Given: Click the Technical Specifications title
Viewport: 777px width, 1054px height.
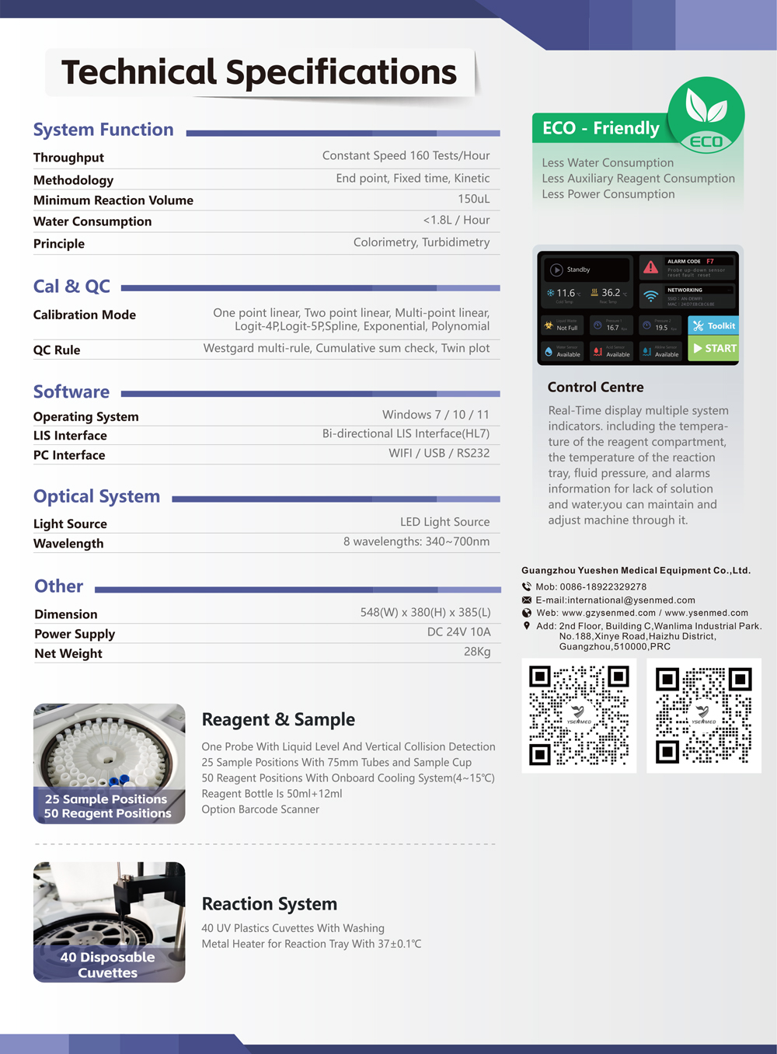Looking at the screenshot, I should (259, 72).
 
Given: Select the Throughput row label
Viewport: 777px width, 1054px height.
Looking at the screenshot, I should (68, 158).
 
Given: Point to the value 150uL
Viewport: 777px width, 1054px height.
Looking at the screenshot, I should (473, 199).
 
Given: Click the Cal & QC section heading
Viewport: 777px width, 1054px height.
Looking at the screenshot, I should (71, 287).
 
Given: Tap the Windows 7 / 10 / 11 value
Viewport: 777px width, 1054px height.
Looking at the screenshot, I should (435, 415).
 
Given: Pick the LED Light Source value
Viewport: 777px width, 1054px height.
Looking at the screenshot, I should (444, 522).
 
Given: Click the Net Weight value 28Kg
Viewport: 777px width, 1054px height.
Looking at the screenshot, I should (477, 652).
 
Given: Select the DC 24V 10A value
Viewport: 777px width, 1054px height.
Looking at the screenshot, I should (458, 632).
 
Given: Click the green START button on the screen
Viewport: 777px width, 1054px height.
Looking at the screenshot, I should (713, 349).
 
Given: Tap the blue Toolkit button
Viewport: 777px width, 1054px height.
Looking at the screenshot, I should (713, 326).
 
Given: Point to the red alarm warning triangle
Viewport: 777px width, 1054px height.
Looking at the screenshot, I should (651, 268).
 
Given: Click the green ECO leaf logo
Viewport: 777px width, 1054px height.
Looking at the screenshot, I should (706, 114).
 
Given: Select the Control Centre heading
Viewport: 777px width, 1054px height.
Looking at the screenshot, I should (595, 388).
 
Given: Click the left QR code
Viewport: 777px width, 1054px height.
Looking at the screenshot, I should (579, 715).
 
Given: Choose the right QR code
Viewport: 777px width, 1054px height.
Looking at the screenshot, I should (704, 715).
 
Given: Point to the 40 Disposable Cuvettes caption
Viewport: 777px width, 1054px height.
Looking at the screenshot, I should (107, 965).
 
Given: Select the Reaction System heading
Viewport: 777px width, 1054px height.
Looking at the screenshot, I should (269, 904).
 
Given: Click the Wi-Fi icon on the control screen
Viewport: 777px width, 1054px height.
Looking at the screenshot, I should (651, 296).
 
